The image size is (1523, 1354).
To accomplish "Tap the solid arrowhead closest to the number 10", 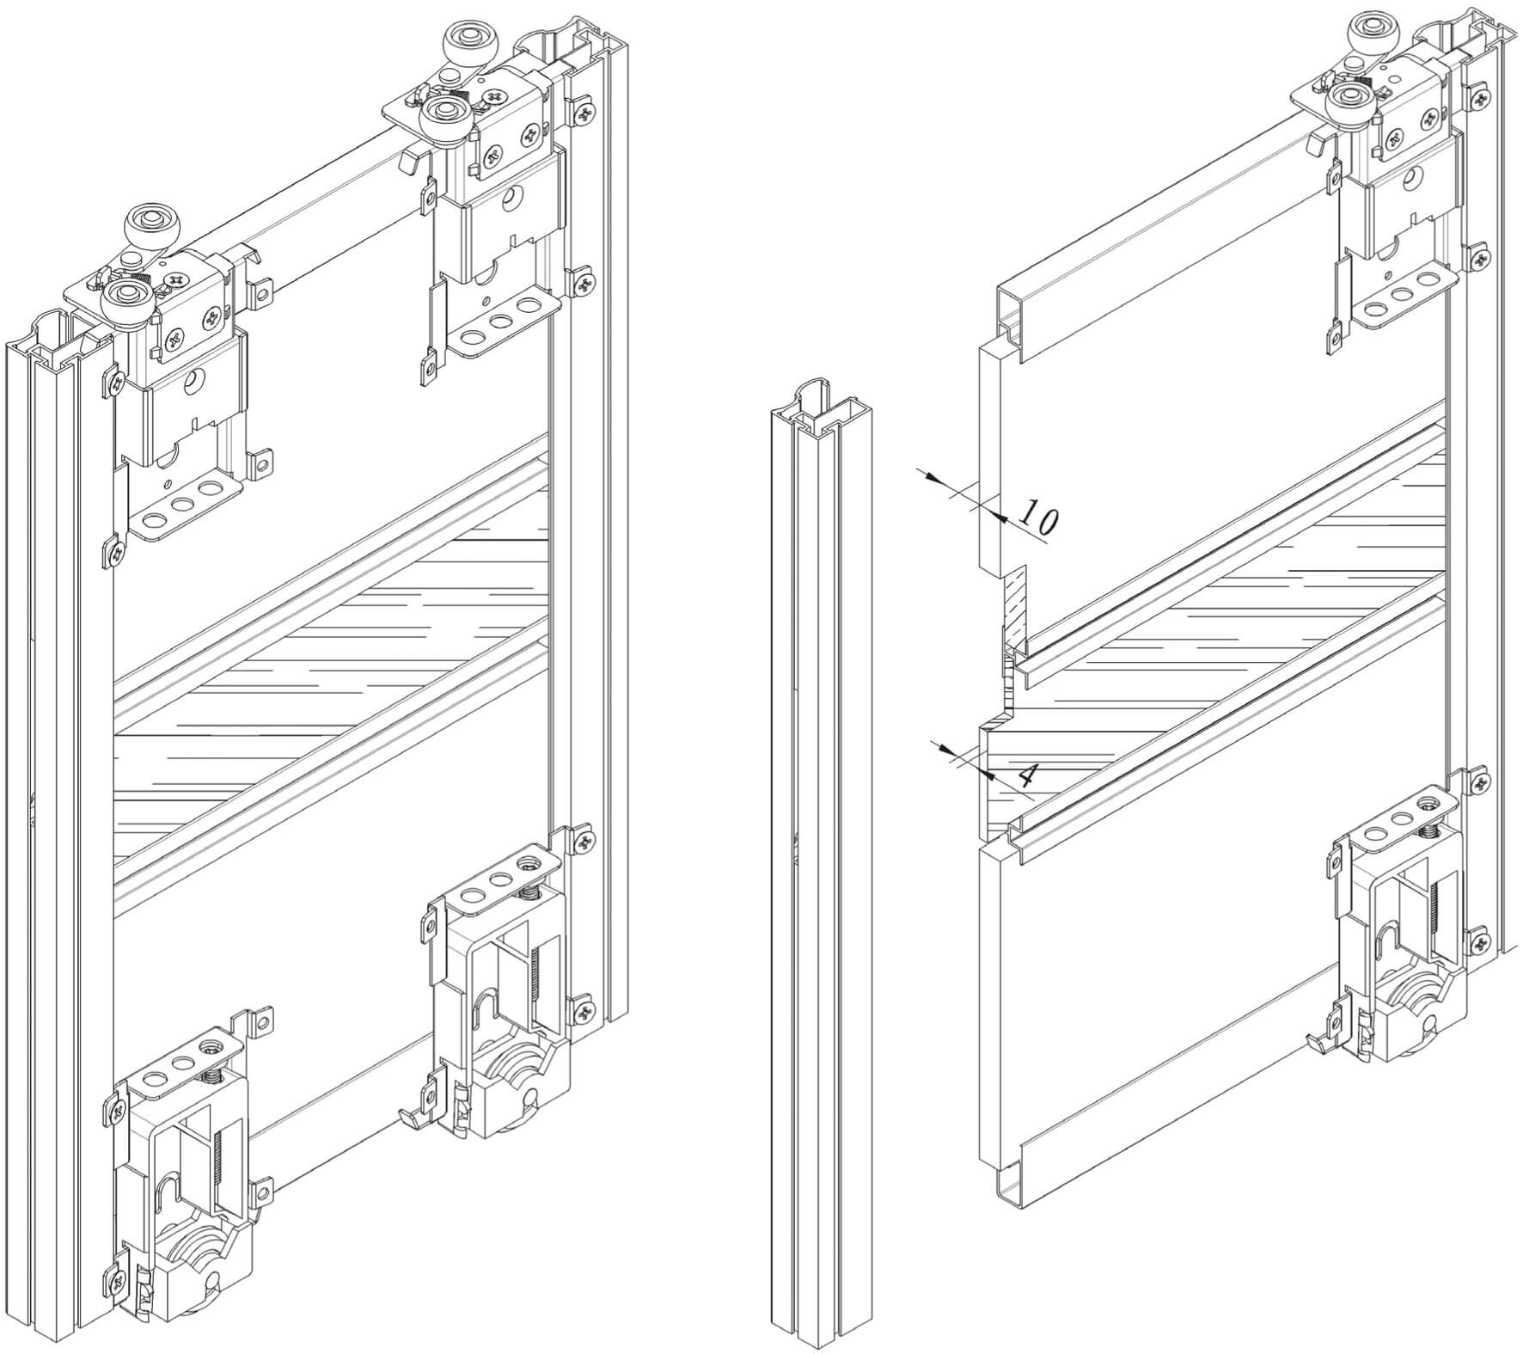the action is [1000, 515].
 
